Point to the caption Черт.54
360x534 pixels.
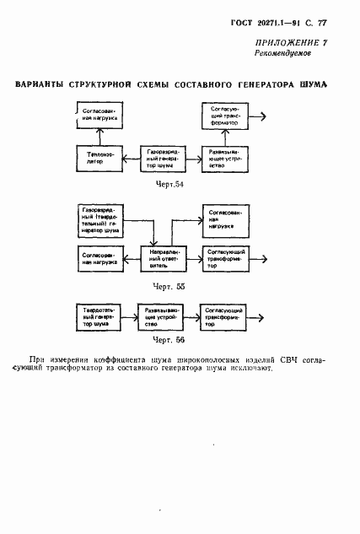(x=169, y=185)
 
